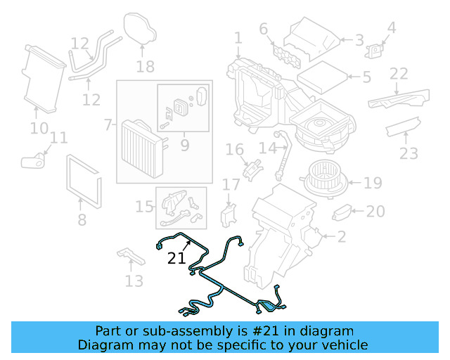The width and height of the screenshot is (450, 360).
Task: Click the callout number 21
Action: pos(176,258)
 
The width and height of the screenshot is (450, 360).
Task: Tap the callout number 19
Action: pos(373,184)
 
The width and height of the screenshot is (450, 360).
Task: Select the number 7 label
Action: pos(108,125)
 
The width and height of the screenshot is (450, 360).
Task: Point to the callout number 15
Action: pos(144,206)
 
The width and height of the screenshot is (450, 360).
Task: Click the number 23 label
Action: pos(409,153)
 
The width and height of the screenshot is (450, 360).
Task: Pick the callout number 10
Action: pos(39,128)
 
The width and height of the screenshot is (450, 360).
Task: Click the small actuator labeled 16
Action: pos(252,169)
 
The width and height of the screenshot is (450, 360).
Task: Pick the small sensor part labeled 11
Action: pos(32,162)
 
